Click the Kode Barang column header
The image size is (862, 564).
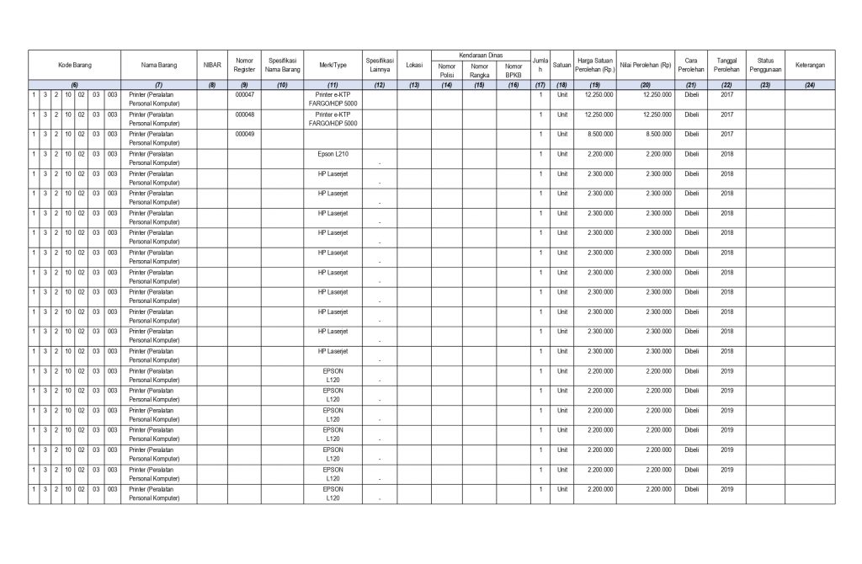point(74,65)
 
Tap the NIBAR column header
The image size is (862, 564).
point(212,65)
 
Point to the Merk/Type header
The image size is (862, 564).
point(333,65)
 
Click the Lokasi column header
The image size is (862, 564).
point(413,65)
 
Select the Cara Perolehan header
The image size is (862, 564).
point(691,65)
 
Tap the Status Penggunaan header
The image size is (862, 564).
point(765,65)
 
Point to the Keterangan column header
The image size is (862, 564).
point(809,65)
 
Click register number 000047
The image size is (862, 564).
point(244,94)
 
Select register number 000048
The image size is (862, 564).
point(244,114)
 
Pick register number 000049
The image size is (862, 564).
point(244,134)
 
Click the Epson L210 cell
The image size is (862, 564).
point(333,154)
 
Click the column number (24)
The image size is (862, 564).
point(809,84)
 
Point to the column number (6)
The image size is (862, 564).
point(74,84)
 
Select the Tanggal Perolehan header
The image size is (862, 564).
point(727,65)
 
